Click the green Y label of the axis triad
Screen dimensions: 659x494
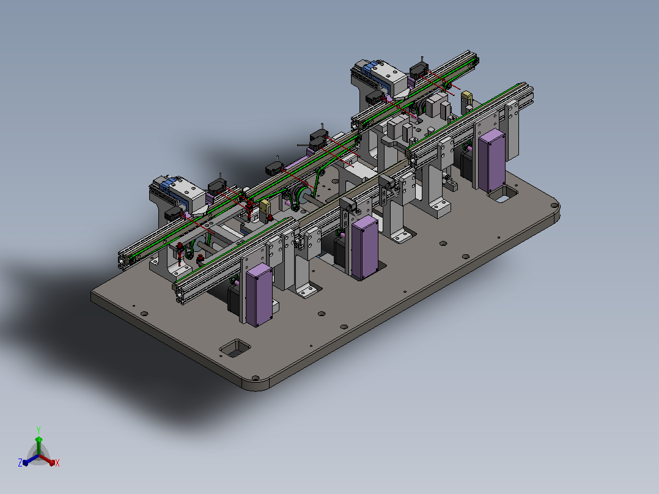[39, 430]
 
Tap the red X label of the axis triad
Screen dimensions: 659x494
[57, 463]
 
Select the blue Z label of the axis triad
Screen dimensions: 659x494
[20, 463]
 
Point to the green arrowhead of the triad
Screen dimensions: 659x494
[39, 440]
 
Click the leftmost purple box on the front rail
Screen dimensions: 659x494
[259, 295]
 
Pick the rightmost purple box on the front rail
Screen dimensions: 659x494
[491, 161]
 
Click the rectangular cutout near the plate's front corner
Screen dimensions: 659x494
[235, 348]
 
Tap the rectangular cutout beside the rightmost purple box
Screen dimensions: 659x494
[503, 194]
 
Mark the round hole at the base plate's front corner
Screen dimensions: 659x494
[255, 378]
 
